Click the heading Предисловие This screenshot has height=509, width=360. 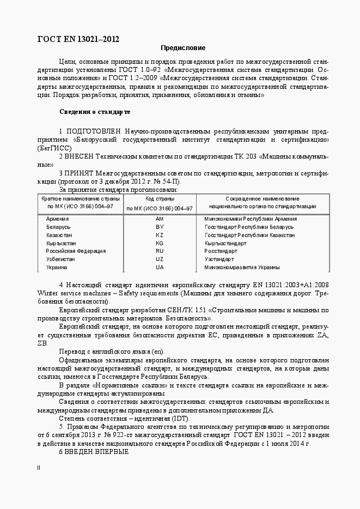(182, 47)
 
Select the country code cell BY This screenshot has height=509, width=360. (160, 227)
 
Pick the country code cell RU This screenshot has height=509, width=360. (160, 251)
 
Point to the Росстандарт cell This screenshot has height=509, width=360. (221, 251)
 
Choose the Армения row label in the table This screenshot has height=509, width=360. (58, 219)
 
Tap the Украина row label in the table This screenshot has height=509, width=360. (57, 268)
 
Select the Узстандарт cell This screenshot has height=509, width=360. (219, 259)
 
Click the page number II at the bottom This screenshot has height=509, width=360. (39, 468)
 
